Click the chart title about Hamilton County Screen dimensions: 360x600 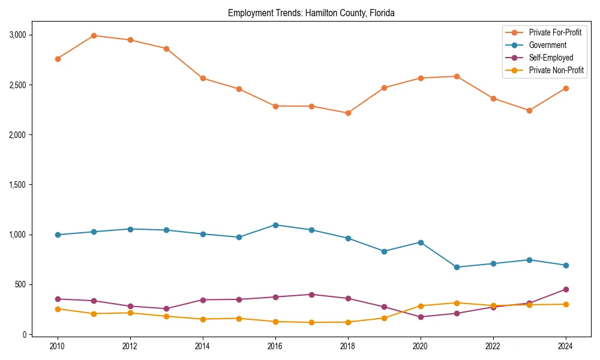point(311,13)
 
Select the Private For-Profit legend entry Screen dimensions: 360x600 point(555,32)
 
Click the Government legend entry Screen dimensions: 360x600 point(547,45)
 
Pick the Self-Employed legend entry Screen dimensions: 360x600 point(551,58)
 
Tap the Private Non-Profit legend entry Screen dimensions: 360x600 point(556,70)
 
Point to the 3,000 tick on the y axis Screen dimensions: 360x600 point(18,35)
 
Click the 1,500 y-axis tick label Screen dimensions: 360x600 point(18,185)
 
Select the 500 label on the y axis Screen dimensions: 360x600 point(21,284)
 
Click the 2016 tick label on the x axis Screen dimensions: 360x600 point(275,346)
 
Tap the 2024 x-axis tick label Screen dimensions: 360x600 point(565,346)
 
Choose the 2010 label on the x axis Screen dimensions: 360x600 point(58,346)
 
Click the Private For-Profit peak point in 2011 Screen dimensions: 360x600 point(94,35)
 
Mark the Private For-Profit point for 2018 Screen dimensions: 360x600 point(348,113)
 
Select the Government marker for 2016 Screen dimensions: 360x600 point(275,225)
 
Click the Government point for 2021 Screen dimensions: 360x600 point(457,267)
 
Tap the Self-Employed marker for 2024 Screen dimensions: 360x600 point(565,289)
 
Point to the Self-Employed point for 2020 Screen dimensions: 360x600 point(421,317)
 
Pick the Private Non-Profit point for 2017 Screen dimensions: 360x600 point(311,322)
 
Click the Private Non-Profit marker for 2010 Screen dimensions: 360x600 point(58,309)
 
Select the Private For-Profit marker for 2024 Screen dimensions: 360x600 point(565,88)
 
